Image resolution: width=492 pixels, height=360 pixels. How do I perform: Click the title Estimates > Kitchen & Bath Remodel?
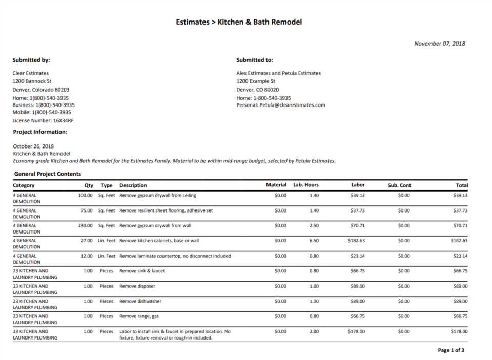click(x=239, y=22)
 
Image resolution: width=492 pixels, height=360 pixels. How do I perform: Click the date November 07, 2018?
click(x=440, y=44)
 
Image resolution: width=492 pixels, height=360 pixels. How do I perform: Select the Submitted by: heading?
click(x=31, y=60)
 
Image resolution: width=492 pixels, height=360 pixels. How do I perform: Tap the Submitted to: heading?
click(x=255, y=60)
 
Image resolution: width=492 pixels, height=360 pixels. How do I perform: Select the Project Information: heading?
click(x=40, y=132)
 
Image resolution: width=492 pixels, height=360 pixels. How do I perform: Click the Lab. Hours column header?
click(x=306, y=185)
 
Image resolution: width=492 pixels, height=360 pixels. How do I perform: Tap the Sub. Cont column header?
click(x=400, y=185)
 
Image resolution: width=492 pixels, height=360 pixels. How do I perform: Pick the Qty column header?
click(x=89, y=185)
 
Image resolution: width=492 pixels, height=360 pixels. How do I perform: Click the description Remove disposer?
click(x=137, y=286)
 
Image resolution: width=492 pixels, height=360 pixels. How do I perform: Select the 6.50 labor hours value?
click(x=314, y=240)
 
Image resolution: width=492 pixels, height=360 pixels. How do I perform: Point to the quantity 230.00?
click(x=85, y=225)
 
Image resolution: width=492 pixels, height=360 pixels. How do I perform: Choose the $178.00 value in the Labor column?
click(x=357, y=331)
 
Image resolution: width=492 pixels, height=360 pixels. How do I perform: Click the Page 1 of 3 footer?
click(x=451, y=350)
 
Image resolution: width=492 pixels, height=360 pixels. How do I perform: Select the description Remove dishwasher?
click(x=140, y=301)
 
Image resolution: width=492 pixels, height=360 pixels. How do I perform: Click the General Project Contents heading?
click(x=48, y=174)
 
